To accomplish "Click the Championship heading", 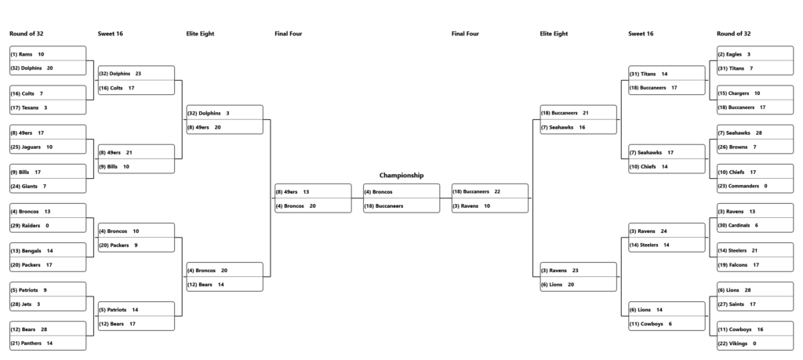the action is click(x=401, y=175).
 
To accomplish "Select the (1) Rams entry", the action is click(x=21, y=54).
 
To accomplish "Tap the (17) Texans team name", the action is click(x=24, y=107).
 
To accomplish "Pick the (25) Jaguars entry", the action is click(x=26, y=147).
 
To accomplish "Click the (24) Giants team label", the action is click(x=24, y=187).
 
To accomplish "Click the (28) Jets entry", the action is click(x=21, y=304).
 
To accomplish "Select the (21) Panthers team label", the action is click(x=26, y=343).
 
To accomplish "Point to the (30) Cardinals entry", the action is click(x=734, y=225).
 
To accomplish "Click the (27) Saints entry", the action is click(x=731, y=304).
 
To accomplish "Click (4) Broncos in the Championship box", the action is click(x=379, y=192).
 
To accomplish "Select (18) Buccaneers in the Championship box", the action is click(x=383, y=205).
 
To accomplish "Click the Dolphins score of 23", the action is click(x=138, y=74).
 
